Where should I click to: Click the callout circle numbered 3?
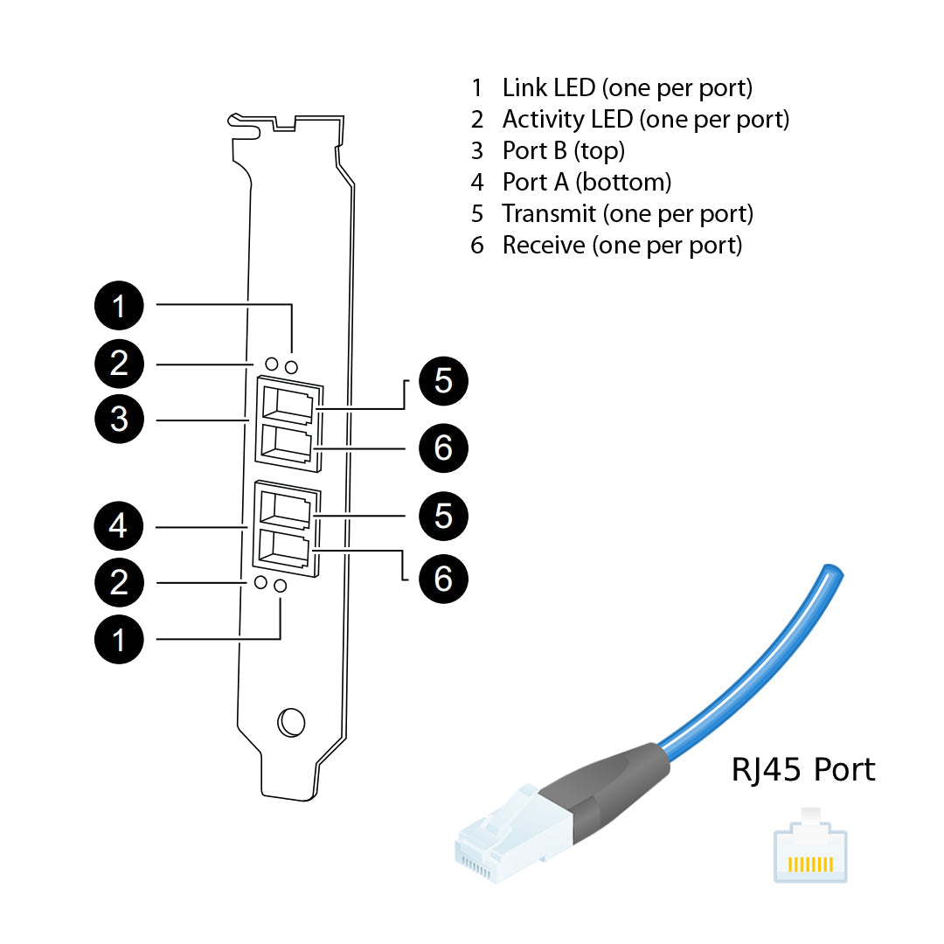pos(119,420)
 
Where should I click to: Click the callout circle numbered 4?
pos(119,526)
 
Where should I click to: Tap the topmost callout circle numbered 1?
pos(119,305)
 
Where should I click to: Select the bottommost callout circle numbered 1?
pos(119,639)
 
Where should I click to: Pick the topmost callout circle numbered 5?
pos(443,381)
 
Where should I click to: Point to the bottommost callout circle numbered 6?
pos(443,579)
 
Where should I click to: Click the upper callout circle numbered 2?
pos(119,363)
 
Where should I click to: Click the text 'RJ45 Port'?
pos(802,769)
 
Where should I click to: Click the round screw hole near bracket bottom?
pos(290,722)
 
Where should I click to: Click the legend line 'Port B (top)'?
pos(563,150)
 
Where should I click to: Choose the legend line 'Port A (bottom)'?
pos(586,182)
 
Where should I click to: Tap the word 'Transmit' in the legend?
pos(549,213)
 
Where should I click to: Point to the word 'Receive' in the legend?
pos(543,245)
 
